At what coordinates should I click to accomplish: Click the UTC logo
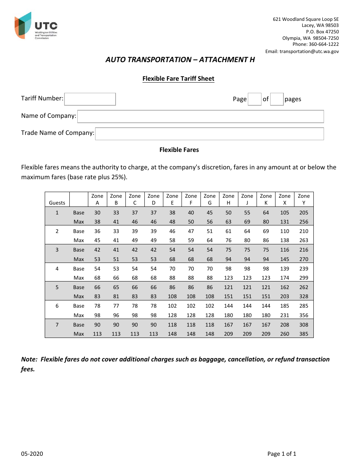[36, 26]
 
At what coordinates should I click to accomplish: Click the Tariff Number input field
[90, 99]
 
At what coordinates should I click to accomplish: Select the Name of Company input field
[200, 116]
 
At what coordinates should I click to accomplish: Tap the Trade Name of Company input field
[209, 134]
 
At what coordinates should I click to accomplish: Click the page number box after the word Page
[254, 99]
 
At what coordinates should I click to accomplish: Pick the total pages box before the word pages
[277, 99]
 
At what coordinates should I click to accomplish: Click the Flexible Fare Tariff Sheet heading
[178, 79]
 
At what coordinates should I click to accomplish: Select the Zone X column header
[285, 199]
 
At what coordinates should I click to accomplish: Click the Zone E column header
[172, 199]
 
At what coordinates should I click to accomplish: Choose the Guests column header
[57, 203]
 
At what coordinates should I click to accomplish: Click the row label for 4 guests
[57, 269]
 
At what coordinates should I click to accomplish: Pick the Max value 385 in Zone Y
[304, 334]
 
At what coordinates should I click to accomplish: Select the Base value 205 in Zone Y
[304, 213]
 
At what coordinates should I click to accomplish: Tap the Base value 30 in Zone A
[97, 213]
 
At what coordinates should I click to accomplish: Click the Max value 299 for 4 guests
[304, 278]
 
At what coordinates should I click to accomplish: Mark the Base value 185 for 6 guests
[285, 306]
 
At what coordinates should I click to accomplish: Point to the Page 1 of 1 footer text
[282, 454]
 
